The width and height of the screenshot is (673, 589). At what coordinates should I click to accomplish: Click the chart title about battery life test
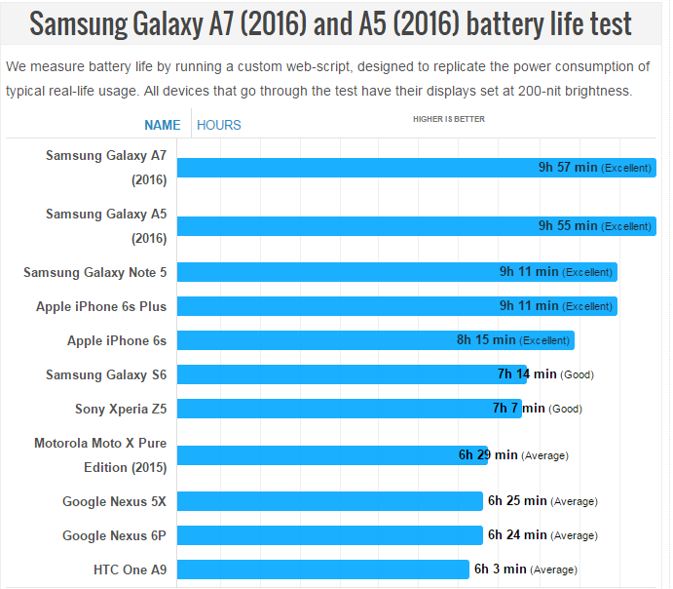[x=330, y=23]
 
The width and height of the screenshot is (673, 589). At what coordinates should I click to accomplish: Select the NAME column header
[x=162, y=125]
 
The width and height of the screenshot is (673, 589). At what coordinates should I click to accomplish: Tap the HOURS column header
[x=219, y=125]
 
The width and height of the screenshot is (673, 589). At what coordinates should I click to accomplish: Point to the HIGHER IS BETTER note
[x=448, y=119]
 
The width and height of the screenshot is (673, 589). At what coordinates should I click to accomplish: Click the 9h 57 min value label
[x=568, y=168]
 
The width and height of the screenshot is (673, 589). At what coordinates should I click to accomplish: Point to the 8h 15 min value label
[x=486, y=340]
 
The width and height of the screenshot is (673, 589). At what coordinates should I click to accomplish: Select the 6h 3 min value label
[x=500, y=569]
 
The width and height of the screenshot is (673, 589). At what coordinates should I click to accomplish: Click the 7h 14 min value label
[x=527, y=374]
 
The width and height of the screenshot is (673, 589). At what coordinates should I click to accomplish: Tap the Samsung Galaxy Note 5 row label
[x=94, y=272]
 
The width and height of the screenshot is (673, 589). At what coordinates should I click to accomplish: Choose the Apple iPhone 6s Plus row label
[x=101, y=306]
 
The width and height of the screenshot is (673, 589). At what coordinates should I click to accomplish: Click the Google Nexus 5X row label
[x=114, y=501]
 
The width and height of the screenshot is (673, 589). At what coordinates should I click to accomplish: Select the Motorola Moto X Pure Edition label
[x=100, y=454]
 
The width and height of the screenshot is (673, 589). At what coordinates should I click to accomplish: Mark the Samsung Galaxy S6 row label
[x=106, y=374]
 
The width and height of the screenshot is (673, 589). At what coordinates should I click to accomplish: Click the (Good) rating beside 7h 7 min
[x=565, y=410]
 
